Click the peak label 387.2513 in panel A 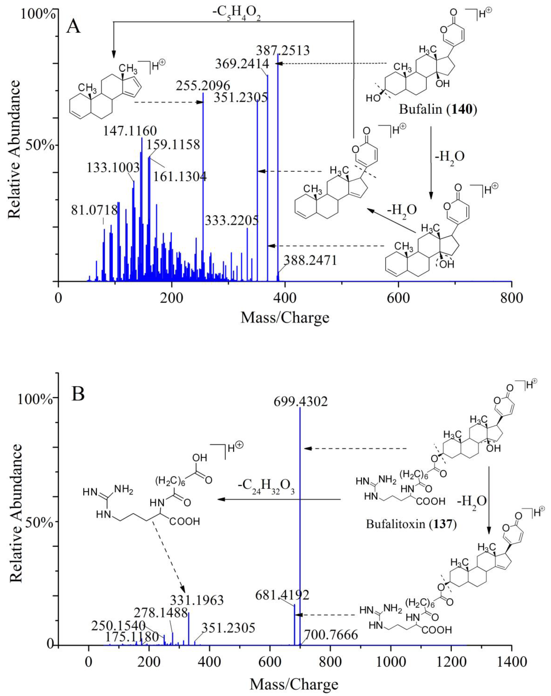coord(283,51)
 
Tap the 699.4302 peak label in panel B coord(301,402)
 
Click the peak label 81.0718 coord(95,210)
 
